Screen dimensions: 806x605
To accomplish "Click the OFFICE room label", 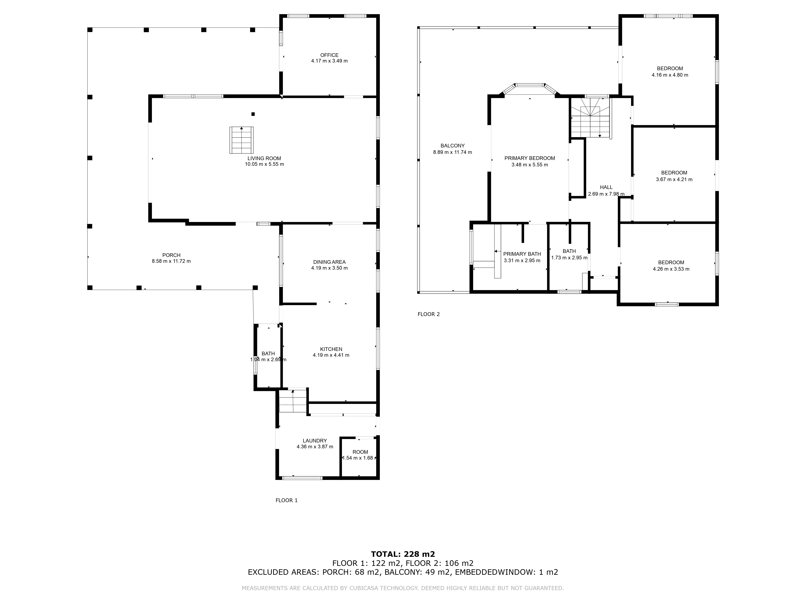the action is click(329, 55).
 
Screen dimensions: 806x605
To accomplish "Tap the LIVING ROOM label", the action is click(264, 158).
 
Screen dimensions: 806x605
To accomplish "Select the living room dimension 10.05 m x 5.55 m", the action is click(264, 164).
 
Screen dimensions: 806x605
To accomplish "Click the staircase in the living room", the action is click(241, 140).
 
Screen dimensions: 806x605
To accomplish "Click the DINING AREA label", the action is click(329, 262).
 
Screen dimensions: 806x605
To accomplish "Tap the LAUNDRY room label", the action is click(315, 440).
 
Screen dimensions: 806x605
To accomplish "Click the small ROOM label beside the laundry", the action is click(360, 452).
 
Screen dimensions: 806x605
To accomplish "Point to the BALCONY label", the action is click(453, 146).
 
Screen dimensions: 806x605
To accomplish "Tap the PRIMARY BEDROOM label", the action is click(529, 158).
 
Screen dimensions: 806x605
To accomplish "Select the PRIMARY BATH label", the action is click(522, 254).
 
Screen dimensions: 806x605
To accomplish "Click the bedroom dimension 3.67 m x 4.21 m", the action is click(674, 179).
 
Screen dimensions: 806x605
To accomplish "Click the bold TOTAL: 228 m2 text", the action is click(403, 554).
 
